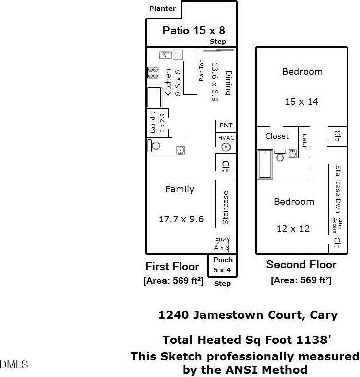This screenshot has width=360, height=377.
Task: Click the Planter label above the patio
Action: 163,8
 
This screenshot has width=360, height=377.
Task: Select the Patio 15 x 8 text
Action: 193,31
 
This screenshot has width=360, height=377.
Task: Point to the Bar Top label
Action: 202,70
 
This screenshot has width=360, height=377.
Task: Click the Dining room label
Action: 228,82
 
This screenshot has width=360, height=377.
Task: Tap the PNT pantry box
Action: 226,126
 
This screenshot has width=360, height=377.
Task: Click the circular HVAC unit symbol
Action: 226,147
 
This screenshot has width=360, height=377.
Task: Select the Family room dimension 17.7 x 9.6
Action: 181,219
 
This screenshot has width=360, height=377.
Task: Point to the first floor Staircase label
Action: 225,207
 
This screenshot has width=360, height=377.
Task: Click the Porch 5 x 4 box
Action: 223,265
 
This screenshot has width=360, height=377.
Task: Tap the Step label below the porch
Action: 222,284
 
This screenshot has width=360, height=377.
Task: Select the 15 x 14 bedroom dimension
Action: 302,101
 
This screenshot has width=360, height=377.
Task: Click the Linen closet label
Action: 304,142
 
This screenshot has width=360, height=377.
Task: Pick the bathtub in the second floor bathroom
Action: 265,165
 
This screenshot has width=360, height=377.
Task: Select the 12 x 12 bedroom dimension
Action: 293,229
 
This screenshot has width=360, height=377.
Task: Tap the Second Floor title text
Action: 301,265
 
